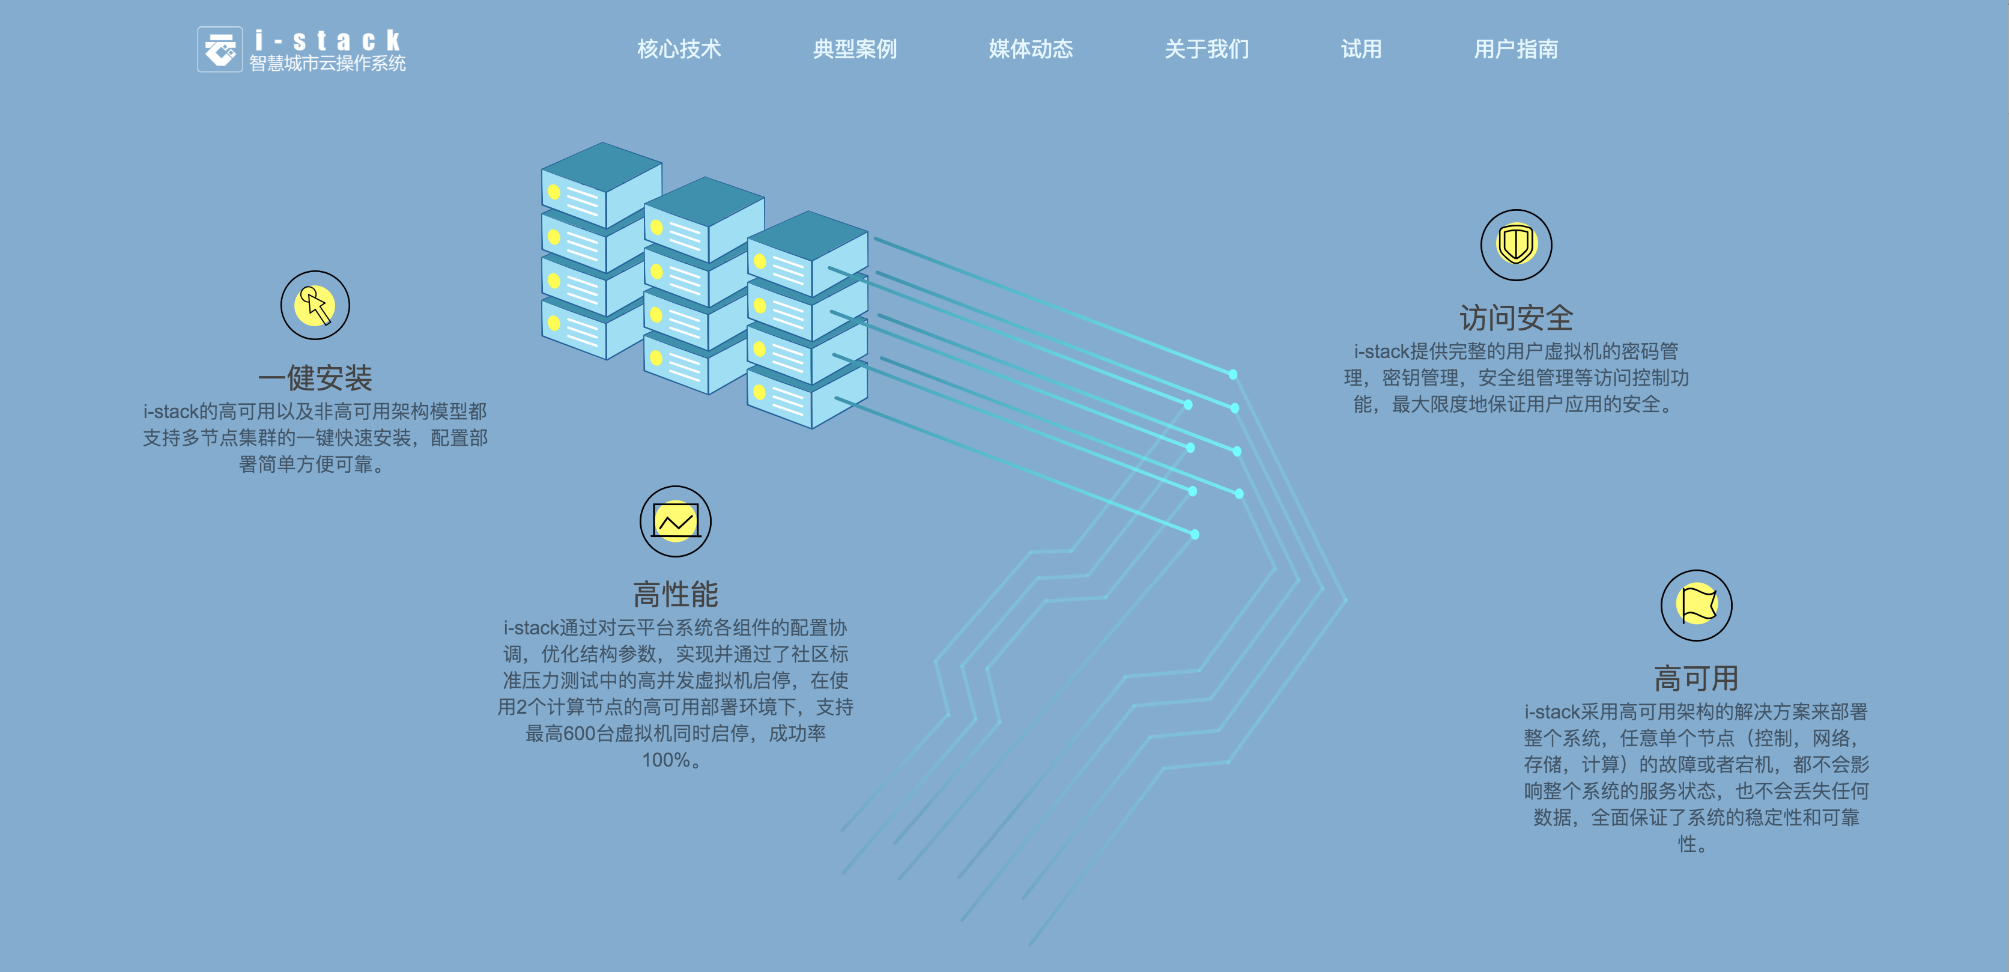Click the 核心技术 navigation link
[x=679, y=49]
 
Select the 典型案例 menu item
[x=855, y=49]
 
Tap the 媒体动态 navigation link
[x=1030, y=49]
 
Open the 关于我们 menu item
[x=1207, y=49]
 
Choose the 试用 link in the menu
[x=1361, y=49]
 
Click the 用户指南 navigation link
[x=1515, y=49]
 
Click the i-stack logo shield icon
[x=220, y=50]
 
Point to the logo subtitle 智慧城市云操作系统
[x=327, y=64]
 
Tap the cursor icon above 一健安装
[x=315, y=305]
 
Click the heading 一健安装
[x=315, y=378]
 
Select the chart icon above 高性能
[x=676, y=521]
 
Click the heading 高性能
[x=676, y=594]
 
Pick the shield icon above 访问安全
[x=1516, y=245]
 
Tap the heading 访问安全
[x=1516, y=318]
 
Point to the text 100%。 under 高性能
[x=671, y=760]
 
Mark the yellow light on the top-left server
[x=554, y=191]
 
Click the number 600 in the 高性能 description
[x=579, y=734]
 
